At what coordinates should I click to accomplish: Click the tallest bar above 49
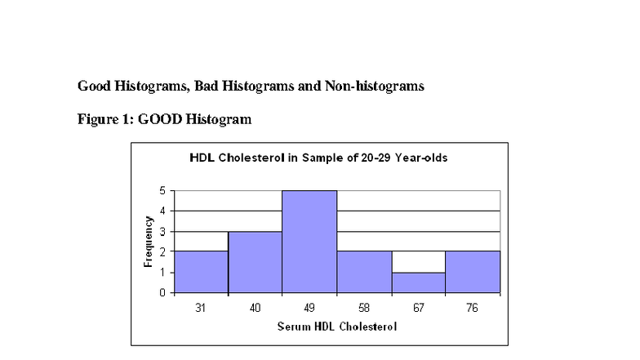pyautogui.click(x=309, y=242)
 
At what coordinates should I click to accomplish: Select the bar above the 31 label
pyautogui.click(x=201, y=272)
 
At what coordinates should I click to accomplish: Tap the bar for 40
pyautogui.click(x=256, y=262)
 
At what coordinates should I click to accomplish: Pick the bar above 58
pyautogui.click(x=364, y=272)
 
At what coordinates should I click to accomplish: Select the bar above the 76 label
pyautogui.click(x=473, y=272)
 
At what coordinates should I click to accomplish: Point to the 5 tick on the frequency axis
pyautogui.click(x=163, y=191)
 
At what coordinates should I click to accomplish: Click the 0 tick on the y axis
pyautogui.click(x=163, y=292)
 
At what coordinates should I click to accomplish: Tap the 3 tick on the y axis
pyautogui.click(x=163, y=232)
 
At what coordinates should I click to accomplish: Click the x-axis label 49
pyautogui.click(x=309, y=308)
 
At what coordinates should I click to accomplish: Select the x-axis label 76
pyautogui.click(x=473, y=308)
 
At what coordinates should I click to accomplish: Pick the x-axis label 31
pyautogui.click(x=201, y=308)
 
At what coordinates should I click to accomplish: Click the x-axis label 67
pyautogui.click(x=418, y=308)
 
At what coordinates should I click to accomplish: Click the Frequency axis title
pyautogui.click(x=149, y=242)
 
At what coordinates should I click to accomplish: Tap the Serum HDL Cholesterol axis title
pyautogui.click(x=336, y=328)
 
